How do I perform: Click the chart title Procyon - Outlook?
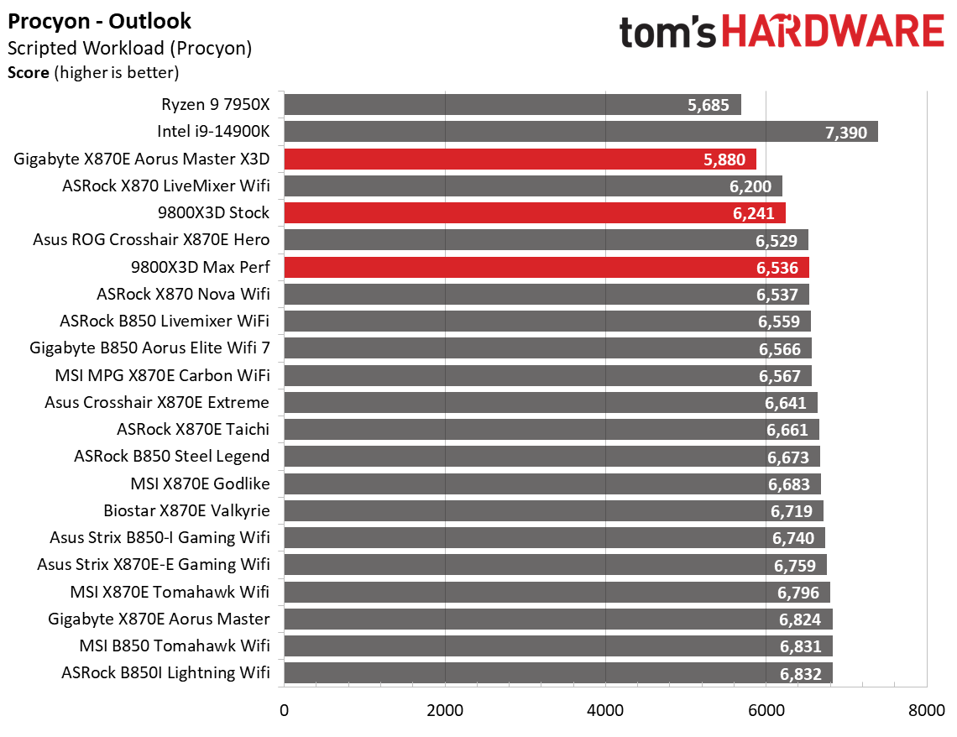[x=99, y=21]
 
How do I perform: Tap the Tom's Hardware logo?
[x=782, y=33]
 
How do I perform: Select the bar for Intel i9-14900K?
[x=580, y=132]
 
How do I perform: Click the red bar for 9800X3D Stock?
[x=534, y=213]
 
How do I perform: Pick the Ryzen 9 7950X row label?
[x=215, y=105]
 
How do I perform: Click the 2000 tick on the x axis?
[x=445, y=710]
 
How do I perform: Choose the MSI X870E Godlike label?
[x=200, y=483]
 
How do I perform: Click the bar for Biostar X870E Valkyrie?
[x=553, y=510]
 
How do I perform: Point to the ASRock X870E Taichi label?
[x=193, y=430]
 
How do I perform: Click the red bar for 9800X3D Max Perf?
[x=546, y=268]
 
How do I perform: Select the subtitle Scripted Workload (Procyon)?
[x=129, y=49]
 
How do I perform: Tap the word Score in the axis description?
[x=28, y=73]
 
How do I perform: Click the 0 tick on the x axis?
[x=285, y=710]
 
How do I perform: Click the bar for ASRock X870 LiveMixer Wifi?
[x=532, y=186]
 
